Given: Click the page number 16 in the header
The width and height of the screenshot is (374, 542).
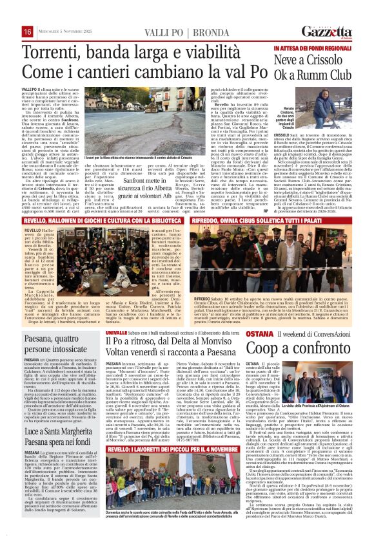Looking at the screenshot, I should click(9, 32).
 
